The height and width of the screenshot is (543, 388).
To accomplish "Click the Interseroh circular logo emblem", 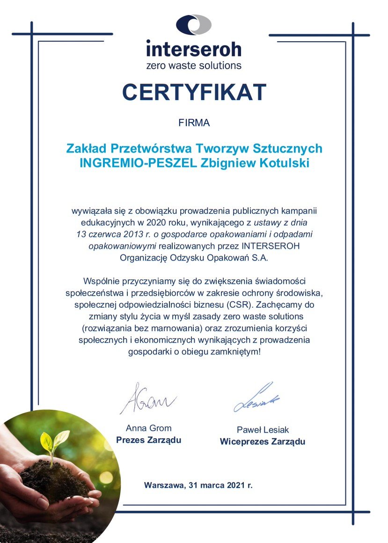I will (194, 25).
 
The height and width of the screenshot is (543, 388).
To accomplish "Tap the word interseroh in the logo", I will (194, 49).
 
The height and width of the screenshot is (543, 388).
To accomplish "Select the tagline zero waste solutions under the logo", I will (194, 65).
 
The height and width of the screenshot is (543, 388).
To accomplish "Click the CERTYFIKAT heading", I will (194, 92).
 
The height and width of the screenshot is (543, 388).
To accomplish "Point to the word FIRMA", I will (194, 123).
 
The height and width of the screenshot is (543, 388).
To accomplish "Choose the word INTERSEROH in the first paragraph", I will (277, 245).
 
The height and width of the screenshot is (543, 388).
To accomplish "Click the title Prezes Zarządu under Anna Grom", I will (148, 440).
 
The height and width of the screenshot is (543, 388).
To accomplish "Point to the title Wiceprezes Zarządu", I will (263, 442).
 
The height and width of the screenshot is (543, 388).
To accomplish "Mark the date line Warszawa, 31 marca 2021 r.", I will (198, 485).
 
